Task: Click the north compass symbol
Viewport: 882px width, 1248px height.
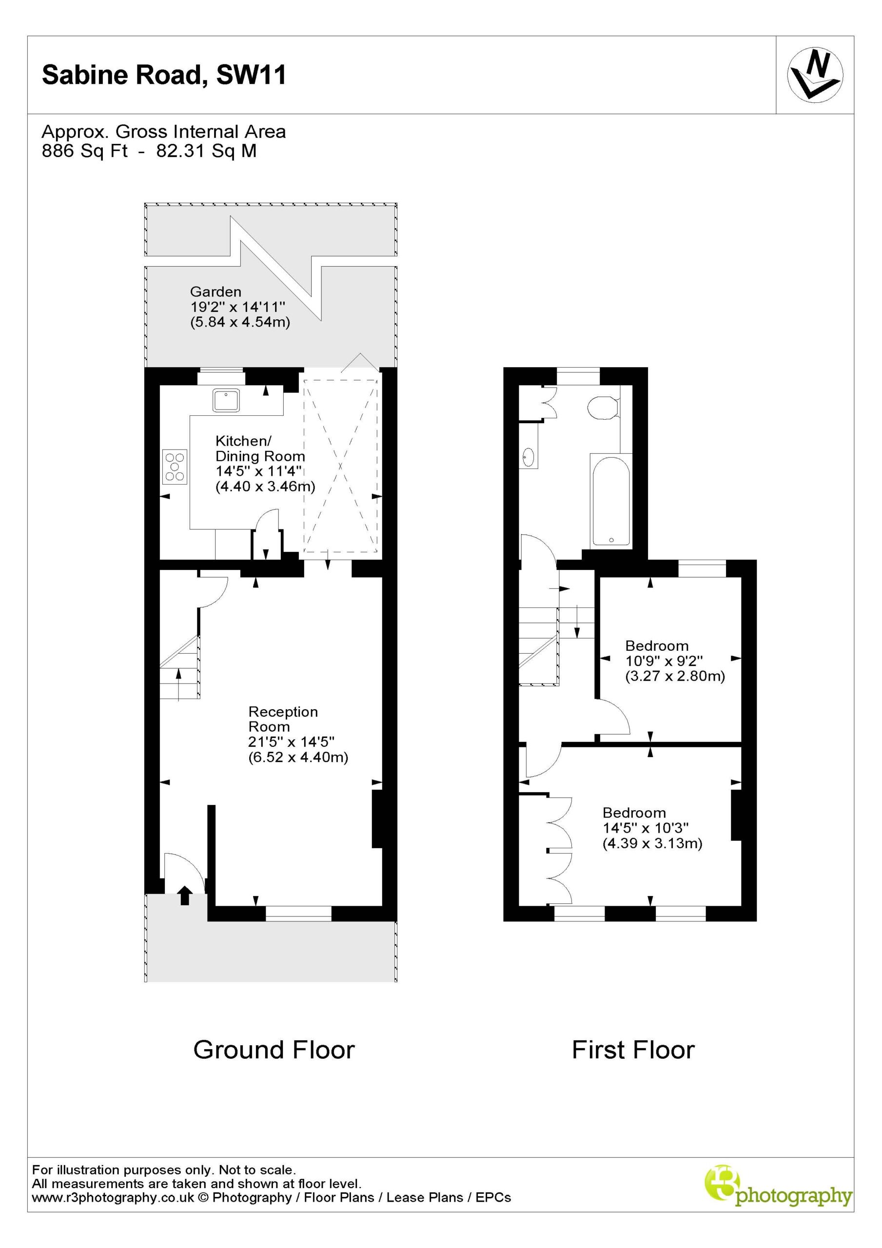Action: tap(815, 75)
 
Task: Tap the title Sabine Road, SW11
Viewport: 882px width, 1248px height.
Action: tap(164, 75)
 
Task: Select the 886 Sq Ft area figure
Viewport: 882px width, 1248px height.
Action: tap(85, 151)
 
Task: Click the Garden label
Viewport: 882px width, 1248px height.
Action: tap(216, 292)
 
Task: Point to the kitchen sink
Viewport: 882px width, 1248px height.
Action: tap(226, 400)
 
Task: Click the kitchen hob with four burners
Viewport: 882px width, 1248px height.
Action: tap(175, 467)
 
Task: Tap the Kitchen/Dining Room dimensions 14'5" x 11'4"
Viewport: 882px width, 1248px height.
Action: tap(259, 471)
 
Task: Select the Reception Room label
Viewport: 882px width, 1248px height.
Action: tap(283, 719)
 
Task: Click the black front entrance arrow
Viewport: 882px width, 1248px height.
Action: tap(185, 895)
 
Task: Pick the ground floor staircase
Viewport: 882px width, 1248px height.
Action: tap(180, 666)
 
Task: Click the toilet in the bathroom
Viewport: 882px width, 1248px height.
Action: tap(603, 407)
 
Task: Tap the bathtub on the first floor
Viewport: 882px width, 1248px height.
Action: tap(611, 501)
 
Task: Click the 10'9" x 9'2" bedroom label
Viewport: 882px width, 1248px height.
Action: tap(675, 661)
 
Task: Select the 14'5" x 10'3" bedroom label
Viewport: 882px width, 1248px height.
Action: tap(652, 828)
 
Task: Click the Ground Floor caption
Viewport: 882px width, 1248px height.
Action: tap(274, 1050)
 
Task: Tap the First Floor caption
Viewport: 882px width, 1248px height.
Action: tap(633, 1050)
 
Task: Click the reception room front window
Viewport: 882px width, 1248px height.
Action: tap(298, 914)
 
